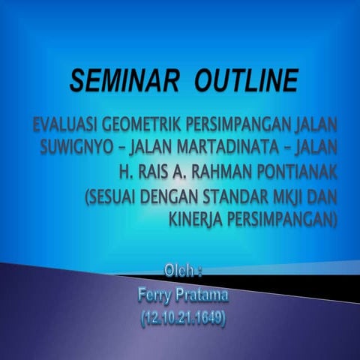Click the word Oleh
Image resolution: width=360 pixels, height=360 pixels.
(181, 268)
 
